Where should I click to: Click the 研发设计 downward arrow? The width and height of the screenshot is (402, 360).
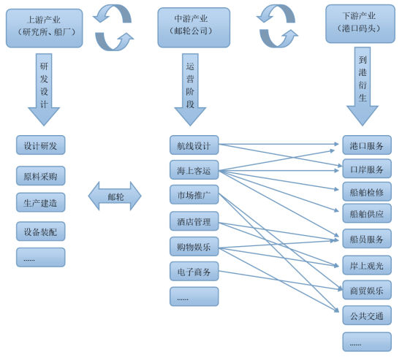[44, 91]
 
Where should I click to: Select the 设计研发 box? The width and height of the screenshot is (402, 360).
[41, 145]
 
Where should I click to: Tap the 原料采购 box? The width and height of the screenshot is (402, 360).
[41, 176]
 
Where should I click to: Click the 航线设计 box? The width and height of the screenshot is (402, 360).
[194, 145]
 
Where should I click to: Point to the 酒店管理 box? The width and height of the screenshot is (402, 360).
[194, 222]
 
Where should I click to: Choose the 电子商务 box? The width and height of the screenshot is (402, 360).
[194, 272]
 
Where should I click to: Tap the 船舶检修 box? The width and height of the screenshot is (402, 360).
[366, 191]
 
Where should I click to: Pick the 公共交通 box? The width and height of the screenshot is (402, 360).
[366, 315]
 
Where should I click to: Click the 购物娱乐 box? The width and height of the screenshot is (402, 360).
[194, 247]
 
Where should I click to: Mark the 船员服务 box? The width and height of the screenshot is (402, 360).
[366, 238]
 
